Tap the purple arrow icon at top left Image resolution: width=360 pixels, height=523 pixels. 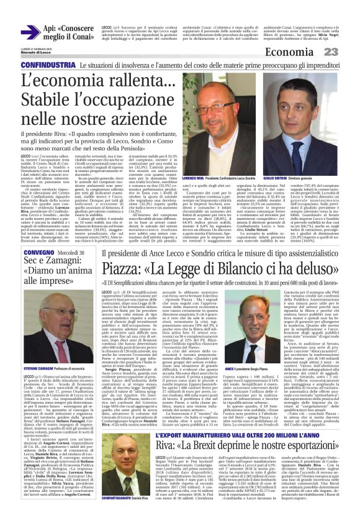point(28,31)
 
